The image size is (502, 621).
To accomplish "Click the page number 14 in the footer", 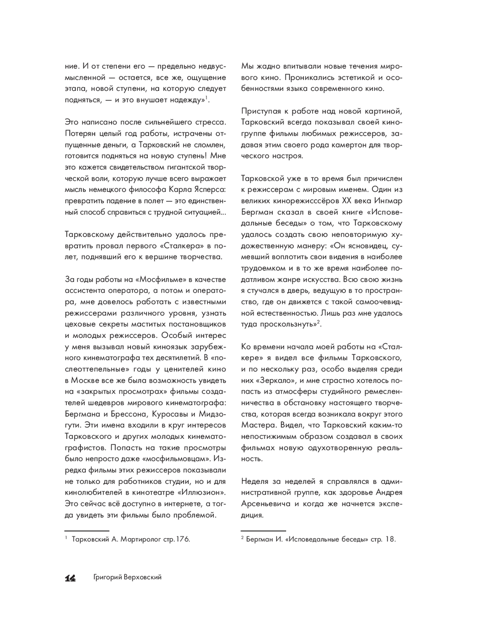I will tap(70, 578).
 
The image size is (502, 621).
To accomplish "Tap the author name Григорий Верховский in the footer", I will tap(128, 578).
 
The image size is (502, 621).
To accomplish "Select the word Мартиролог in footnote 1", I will tap(137, 540).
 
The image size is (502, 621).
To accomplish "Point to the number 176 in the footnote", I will tap(182, 540).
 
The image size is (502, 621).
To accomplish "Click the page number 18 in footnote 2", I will tap(390, 540).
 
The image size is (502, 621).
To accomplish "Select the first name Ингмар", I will tap(389, 201).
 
